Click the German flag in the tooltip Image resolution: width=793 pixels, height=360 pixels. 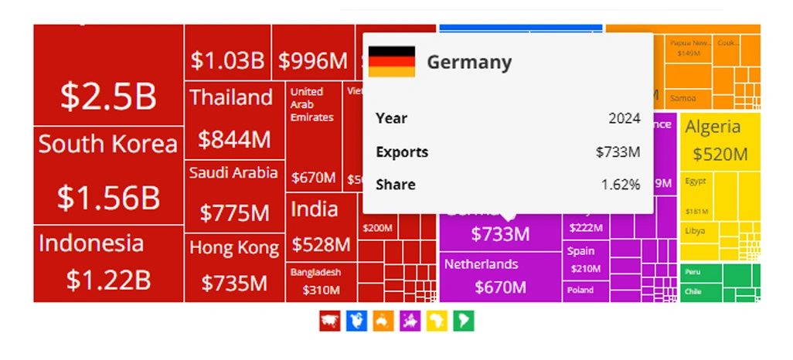coord(391,62)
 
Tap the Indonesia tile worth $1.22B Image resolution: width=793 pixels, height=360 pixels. coord(108,263)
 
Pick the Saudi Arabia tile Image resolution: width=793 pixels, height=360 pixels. coord(233,193)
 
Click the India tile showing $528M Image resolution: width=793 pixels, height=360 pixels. coord(321,228)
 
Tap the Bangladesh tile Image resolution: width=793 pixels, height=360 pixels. coord(321,282)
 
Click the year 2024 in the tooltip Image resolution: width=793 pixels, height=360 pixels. coord(624,118)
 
